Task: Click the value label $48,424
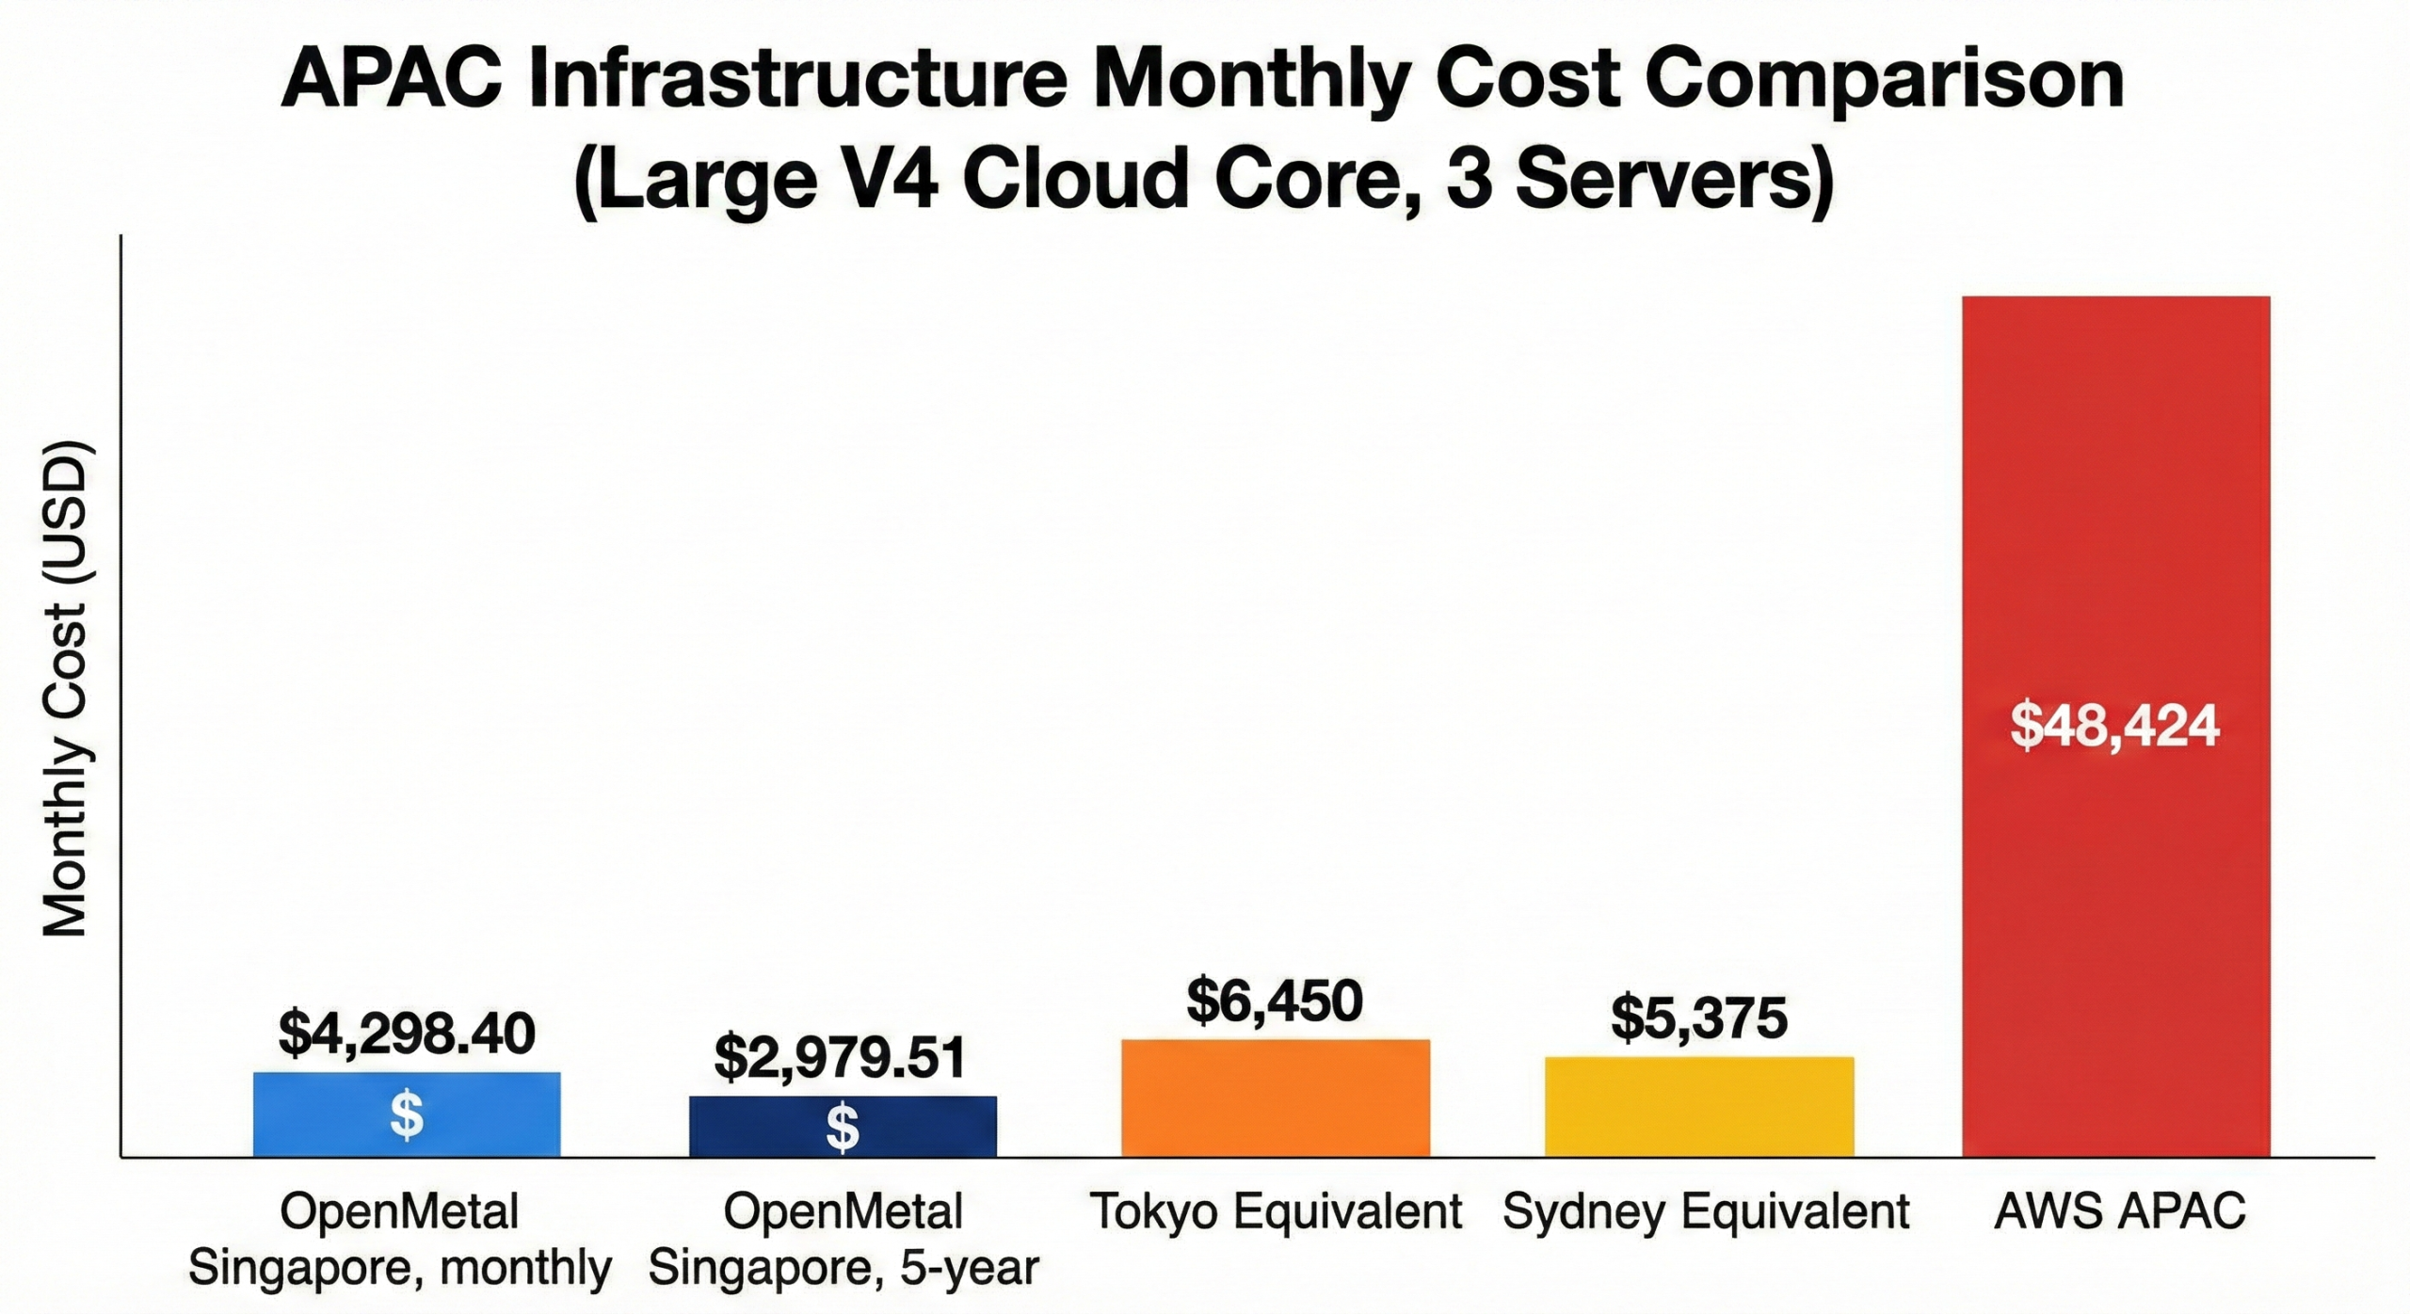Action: [2114, 727]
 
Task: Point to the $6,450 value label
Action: [1274, 1001]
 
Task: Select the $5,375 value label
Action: [1698, 1018]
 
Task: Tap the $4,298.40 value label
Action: [407, 1034]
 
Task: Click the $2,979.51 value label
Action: [840, 1058]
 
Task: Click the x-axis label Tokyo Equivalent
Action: [1276, 1211]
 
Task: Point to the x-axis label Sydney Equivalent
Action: [1705, 1211]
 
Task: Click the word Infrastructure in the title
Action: [798, 79]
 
